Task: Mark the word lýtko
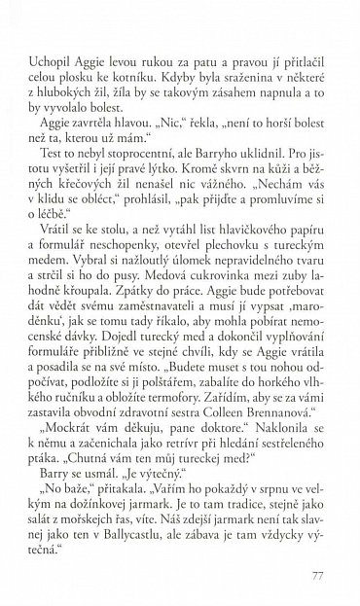click(x=197, y=172)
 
